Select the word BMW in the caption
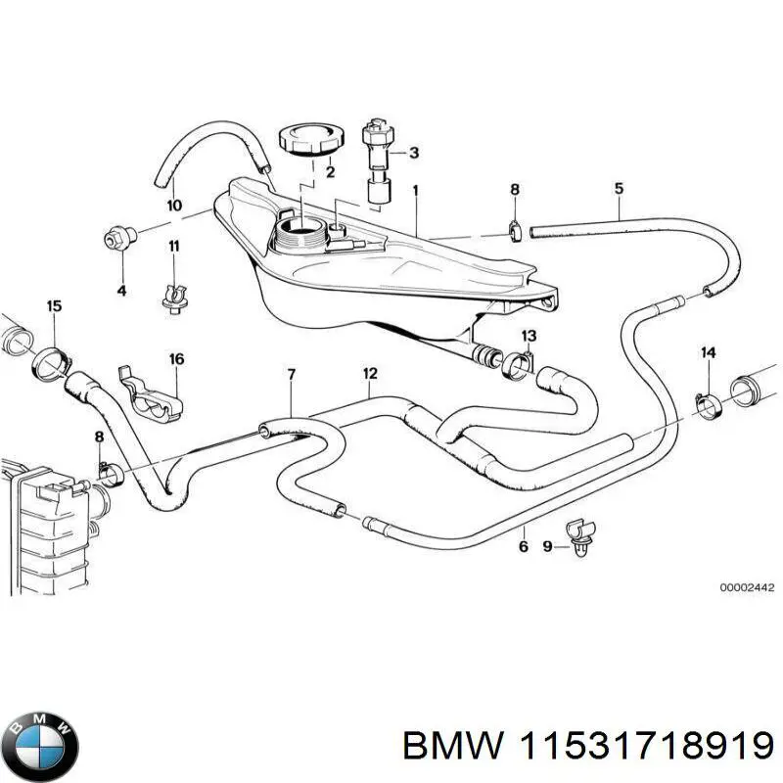tap(446, 747)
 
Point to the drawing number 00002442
tap(747, 588)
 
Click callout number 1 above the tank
tap(415, 189)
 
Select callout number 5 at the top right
tap(619, 187)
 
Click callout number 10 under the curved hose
tap(174, 206)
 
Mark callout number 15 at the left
tap(54, 306)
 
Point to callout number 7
tap(290, 374)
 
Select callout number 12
tap(370, 373)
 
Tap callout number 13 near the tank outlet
tap(529, 337)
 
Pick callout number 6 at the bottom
tap(523, 546)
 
